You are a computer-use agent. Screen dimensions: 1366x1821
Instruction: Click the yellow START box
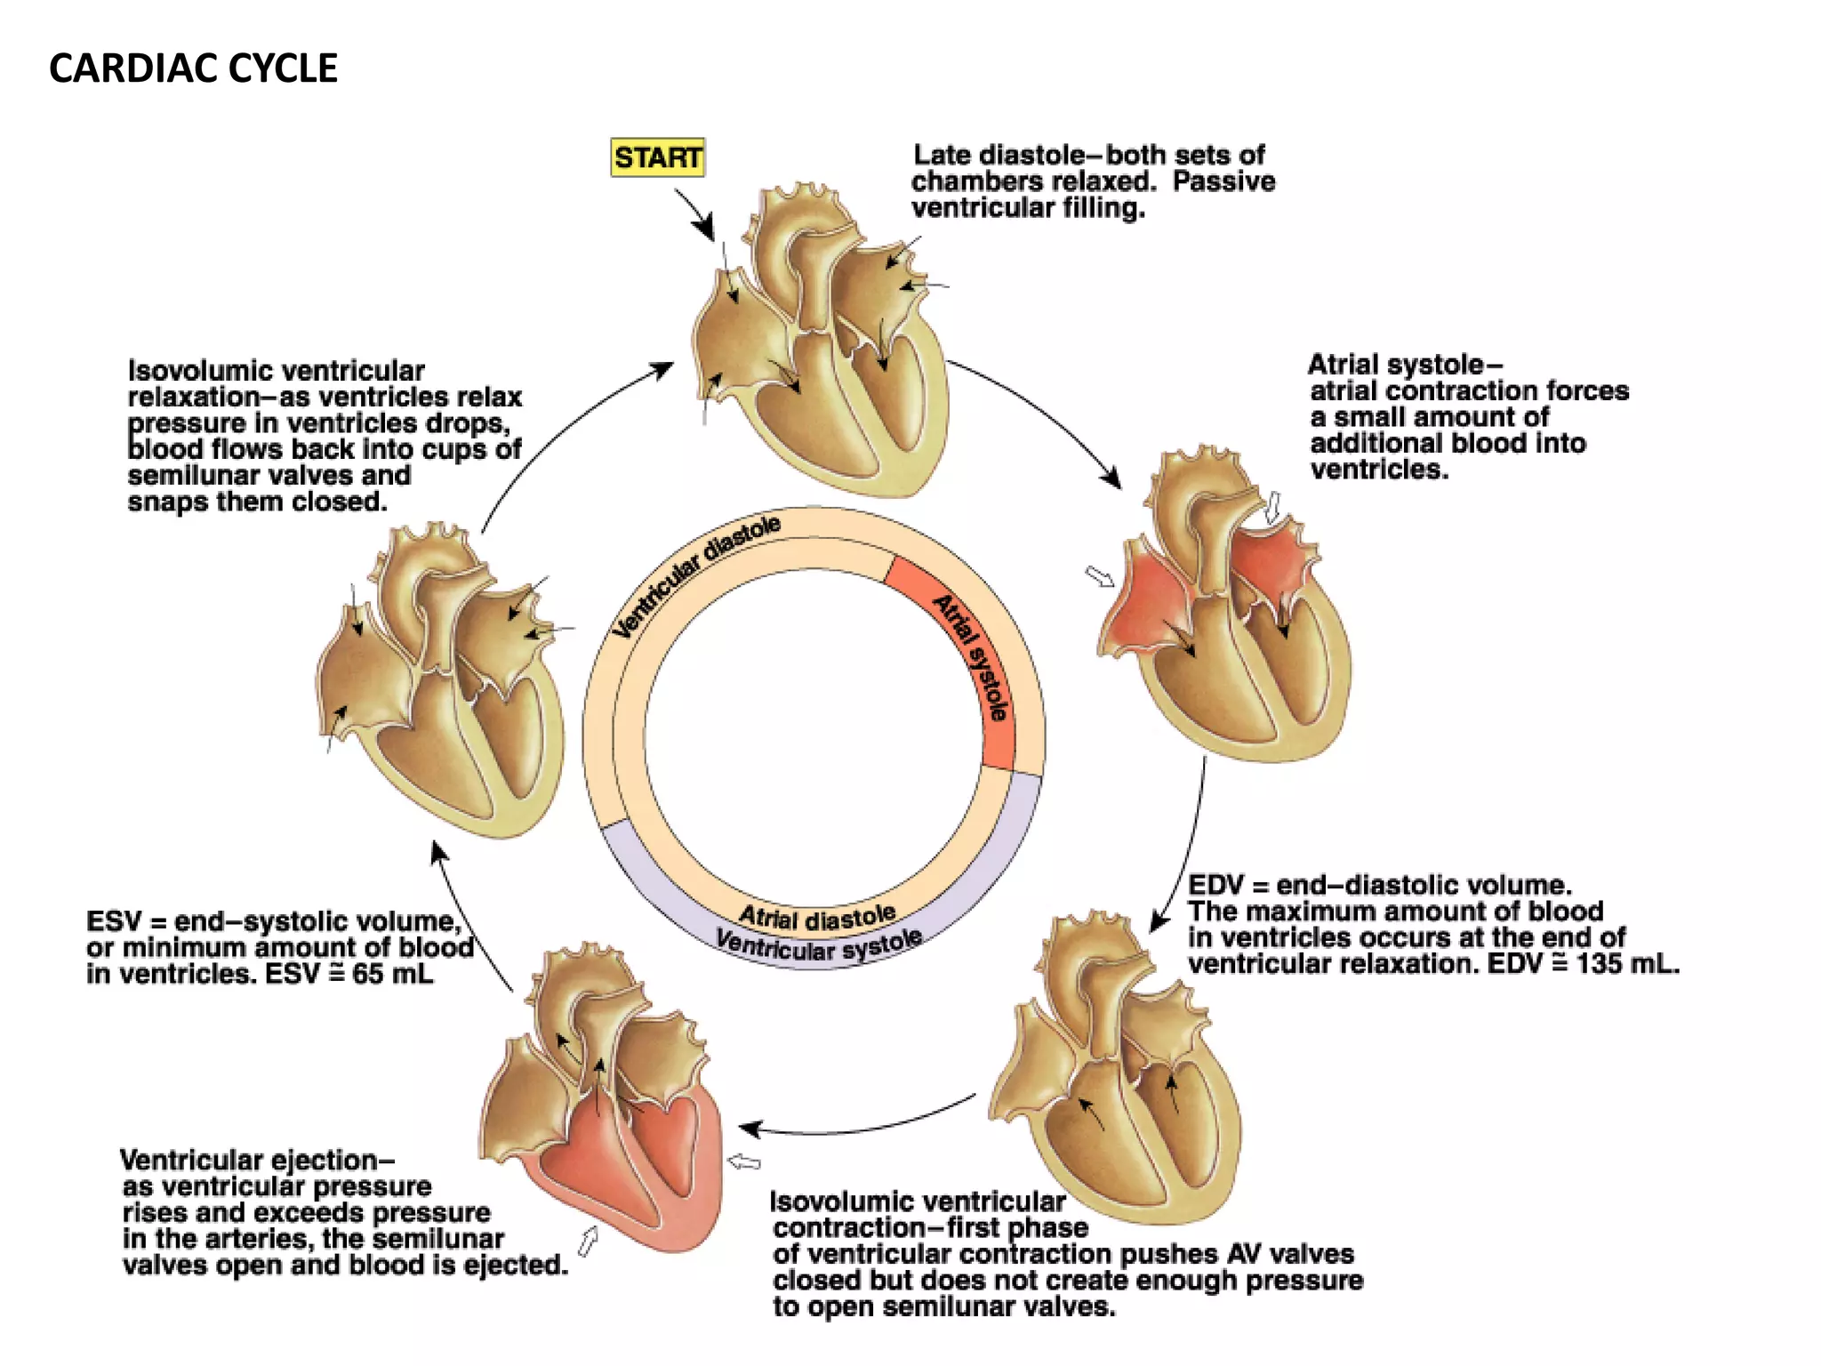click(x=657, y=157)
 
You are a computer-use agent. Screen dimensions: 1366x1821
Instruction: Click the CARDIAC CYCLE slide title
click(x=193, y=68)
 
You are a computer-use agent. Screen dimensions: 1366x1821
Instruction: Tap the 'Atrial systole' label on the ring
click(x=972, y=657)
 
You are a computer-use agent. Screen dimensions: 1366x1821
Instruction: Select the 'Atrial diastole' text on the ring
click(x=817, y=916)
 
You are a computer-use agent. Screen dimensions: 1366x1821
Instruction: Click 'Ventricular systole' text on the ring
click(x=818, y=945)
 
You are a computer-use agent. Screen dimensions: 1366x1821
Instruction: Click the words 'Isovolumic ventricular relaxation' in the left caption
click(x=276, y=382)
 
